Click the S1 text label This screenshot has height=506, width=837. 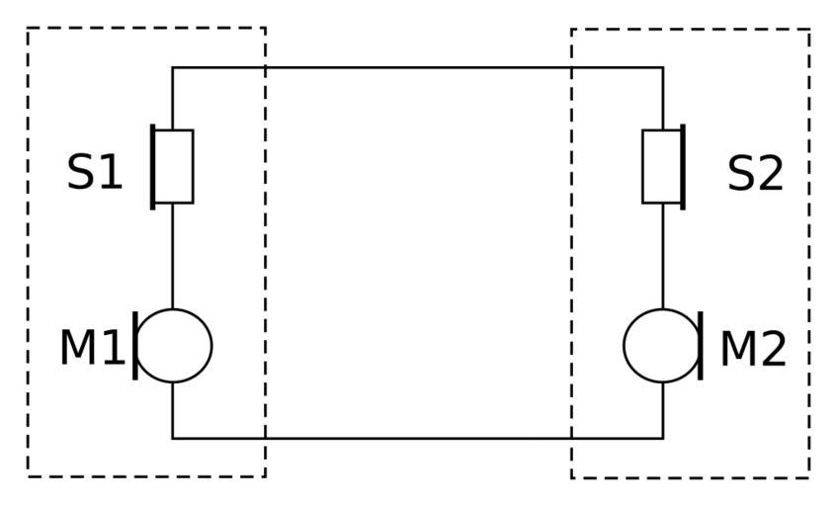coord(95,173)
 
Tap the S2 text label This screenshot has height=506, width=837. coord(755,174)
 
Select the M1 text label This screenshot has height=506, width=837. coord(92,348)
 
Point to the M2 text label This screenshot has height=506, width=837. coord(753,349)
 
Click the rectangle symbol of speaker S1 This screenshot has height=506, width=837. coord(174,166)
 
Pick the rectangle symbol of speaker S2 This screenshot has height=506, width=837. coord(661,166)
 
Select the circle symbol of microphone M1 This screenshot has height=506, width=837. coord(174,345)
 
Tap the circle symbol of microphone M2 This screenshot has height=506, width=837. coord(661,345)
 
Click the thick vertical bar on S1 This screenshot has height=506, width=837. coord(153,166)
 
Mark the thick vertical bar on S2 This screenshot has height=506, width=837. coord(683,166)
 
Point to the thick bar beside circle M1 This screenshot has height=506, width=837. coord(135,345)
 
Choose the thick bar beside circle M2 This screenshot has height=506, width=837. coord(701,345)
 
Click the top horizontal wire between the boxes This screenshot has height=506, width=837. coord(417,67)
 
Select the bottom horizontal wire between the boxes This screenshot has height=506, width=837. coord(417,438)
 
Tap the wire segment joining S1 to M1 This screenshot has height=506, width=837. coord(172,255)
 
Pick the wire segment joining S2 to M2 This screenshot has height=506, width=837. coord(663,255)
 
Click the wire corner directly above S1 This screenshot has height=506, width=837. coord(172,67)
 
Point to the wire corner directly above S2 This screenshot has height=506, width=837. coord(663,67)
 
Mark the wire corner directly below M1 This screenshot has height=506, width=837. coord(172,438)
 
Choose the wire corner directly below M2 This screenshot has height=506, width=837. coord(663,438)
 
